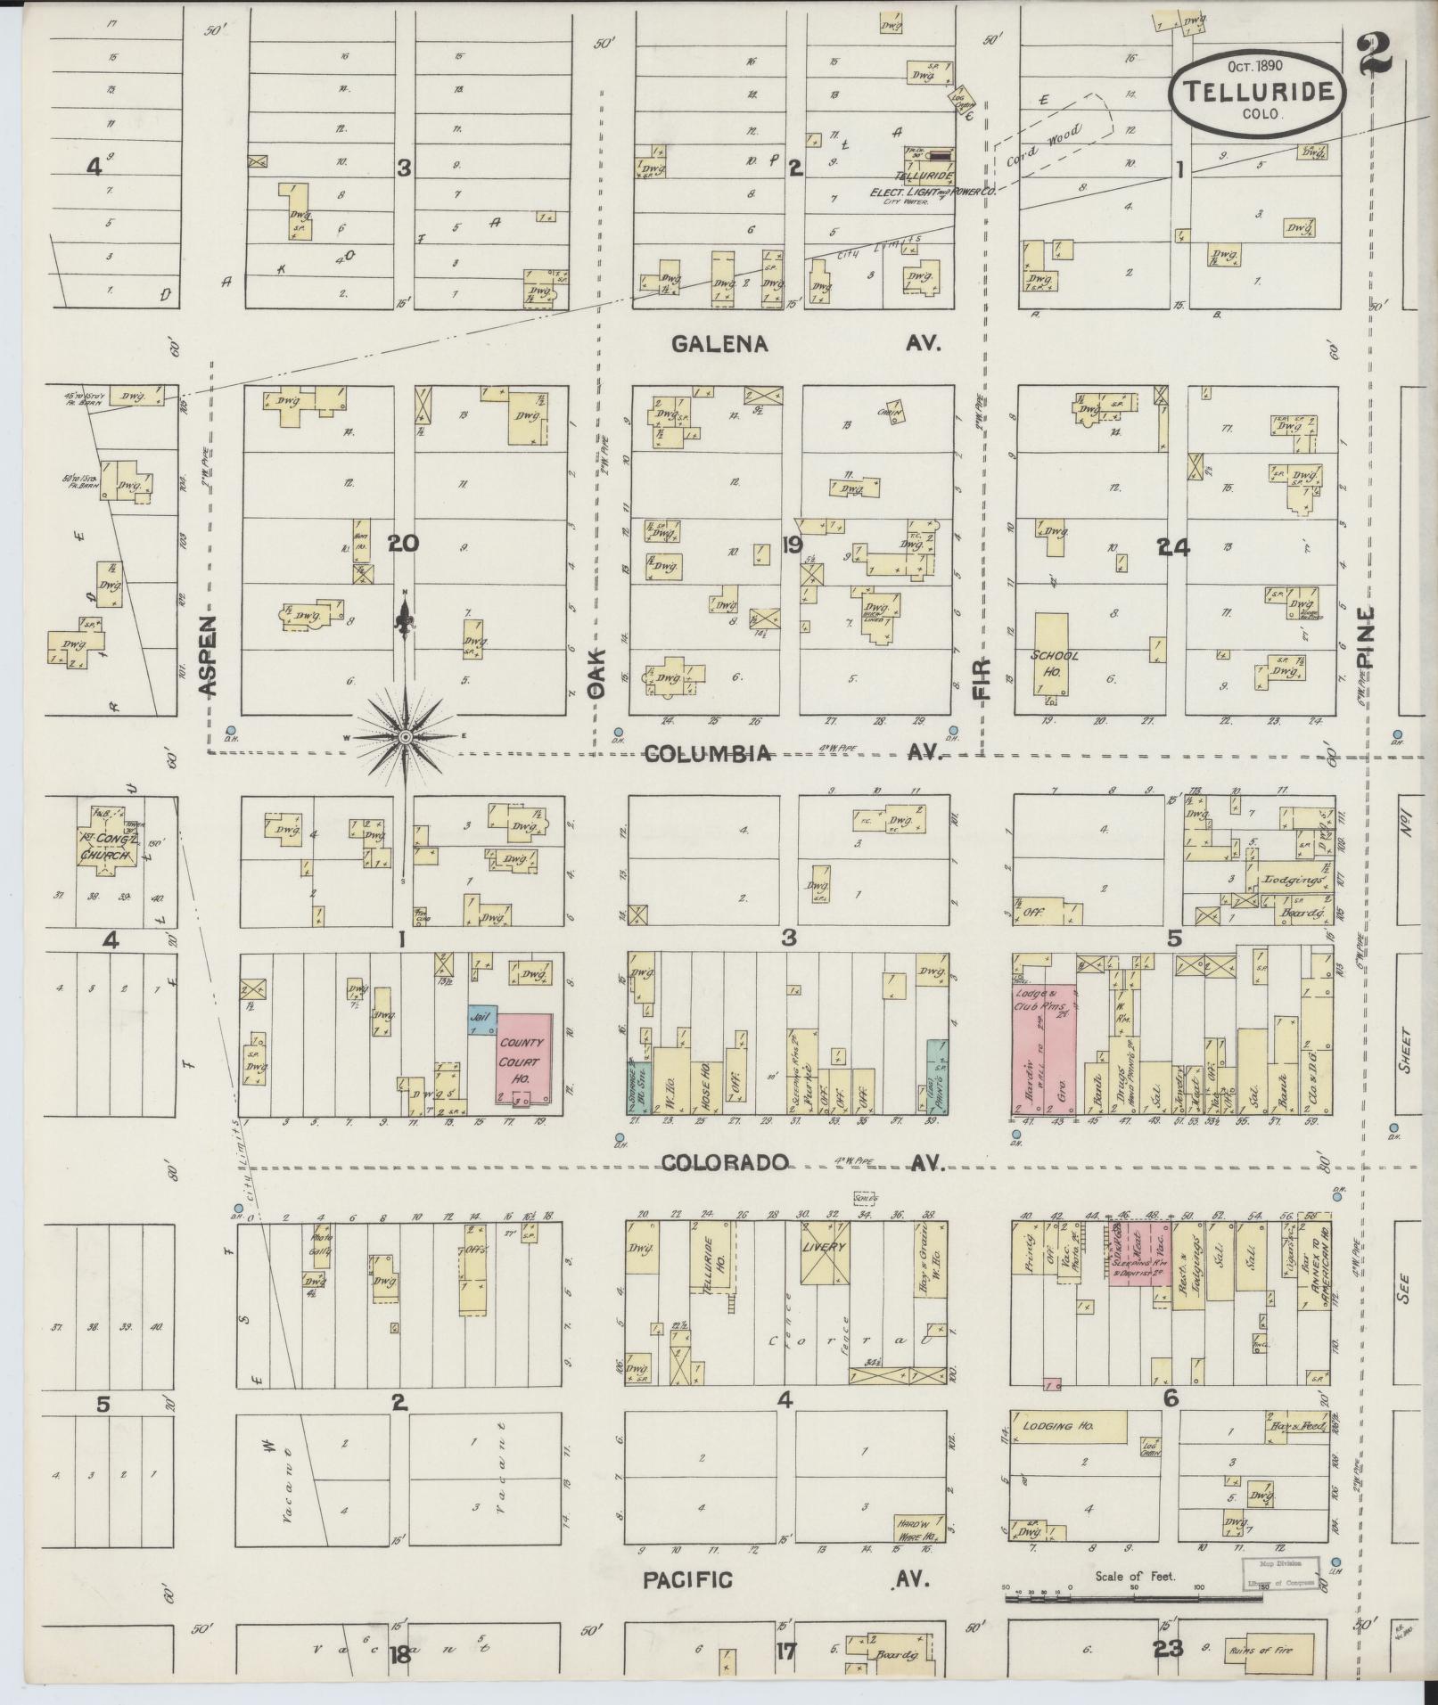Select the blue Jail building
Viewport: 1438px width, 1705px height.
pos(481,1021)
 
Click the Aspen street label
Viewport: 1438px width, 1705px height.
pos(207,655)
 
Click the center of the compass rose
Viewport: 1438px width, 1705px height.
pos(405,736)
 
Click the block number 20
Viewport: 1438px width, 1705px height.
pos(403,543)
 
